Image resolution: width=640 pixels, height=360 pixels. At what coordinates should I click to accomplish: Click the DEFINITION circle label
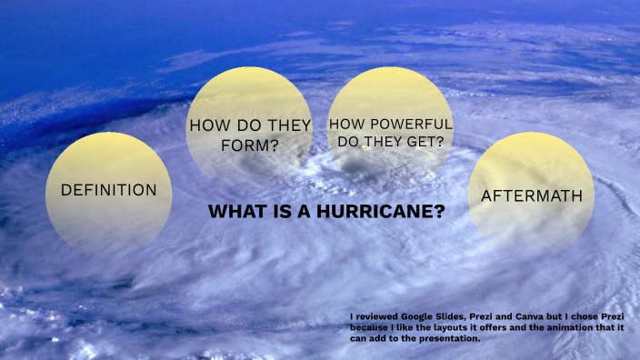pyautogui.click(x=108, y=190)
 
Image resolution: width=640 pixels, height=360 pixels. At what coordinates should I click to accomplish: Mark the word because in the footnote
pyautogui.click(x=369, y=326)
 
